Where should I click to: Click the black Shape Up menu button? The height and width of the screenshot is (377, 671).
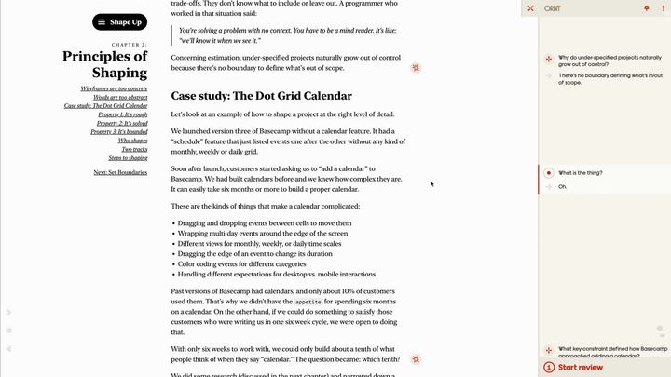[x=119, y=21]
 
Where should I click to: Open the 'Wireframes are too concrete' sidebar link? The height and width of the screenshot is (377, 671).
[x=114, y=88]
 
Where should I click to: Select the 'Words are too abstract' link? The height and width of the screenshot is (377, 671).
[x=120, y=97]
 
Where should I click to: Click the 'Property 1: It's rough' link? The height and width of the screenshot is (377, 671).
[x=122, y=114]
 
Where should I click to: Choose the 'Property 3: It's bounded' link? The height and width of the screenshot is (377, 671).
[x=118, y=132]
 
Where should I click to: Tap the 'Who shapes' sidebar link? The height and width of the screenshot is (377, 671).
[x=132, y=141]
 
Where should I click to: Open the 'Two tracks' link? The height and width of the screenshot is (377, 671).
[x=134, y=149]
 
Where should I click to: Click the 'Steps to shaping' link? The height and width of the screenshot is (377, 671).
[x=128, y=158]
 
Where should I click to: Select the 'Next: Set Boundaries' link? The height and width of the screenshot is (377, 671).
[x=120, y=172]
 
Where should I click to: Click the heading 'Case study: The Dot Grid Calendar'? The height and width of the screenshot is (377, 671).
[x=261, y=96]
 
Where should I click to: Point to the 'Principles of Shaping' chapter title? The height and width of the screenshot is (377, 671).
[x=104, y=64]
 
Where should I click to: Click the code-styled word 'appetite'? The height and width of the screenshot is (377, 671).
[x=307, y=303]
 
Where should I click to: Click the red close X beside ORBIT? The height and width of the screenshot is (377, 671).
[x=530, y=8]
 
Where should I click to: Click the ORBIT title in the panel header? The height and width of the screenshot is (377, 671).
[x=552, y=8]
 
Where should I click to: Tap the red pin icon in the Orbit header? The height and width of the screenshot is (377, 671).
[x=647, y=8]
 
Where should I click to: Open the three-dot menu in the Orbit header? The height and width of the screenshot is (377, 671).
[x=664, y=8]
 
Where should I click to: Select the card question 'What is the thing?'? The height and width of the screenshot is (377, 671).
[x=580, y=173]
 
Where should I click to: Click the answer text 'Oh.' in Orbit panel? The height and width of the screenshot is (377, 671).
[x=562, y=187]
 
